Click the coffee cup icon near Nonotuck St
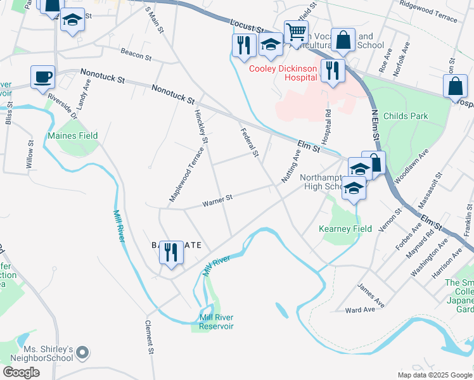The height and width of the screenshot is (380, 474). pos(42,77)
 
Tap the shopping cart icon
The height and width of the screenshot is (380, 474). pos(295,31)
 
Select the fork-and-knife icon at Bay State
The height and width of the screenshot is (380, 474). pos(171,253)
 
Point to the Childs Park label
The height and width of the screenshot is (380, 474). pos(406,116)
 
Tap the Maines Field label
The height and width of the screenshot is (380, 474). pos(73,136)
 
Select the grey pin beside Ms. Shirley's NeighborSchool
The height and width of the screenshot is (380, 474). pos(84,351)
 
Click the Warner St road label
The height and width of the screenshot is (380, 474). pos(217,199)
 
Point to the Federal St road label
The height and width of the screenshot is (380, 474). pos(250,142)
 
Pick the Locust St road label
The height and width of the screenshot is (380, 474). pos(247,25)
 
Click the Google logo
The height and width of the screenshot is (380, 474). pos(21,372)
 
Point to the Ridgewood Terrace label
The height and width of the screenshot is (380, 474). pos(428,11)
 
